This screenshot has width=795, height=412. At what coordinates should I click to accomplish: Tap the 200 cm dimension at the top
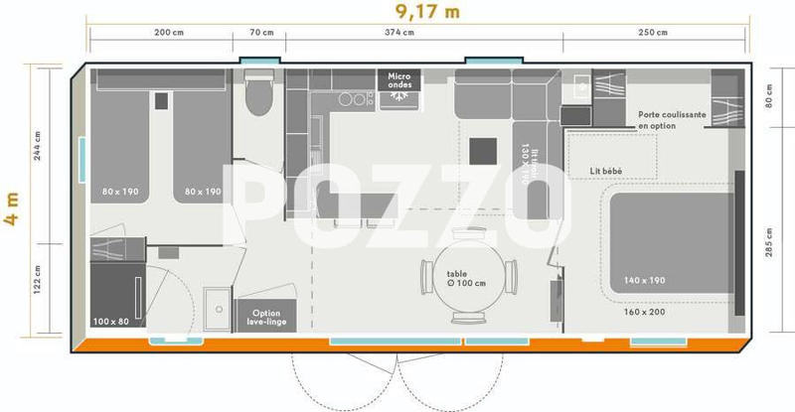170,33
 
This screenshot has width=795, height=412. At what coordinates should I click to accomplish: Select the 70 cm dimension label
261,33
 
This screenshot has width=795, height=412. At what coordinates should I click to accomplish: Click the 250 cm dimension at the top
652,33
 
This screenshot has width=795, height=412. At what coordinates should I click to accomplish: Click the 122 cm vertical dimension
38,288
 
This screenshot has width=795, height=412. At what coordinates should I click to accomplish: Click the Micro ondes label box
399,79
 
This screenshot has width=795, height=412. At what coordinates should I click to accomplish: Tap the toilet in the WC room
259,96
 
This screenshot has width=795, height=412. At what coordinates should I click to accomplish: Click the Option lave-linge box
266,315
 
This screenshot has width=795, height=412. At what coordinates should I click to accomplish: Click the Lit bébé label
605,172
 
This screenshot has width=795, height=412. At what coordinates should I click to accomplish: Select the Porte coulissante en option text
672,121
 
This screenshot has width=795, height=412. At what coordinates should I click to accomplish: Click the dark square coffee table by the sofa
484,150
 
